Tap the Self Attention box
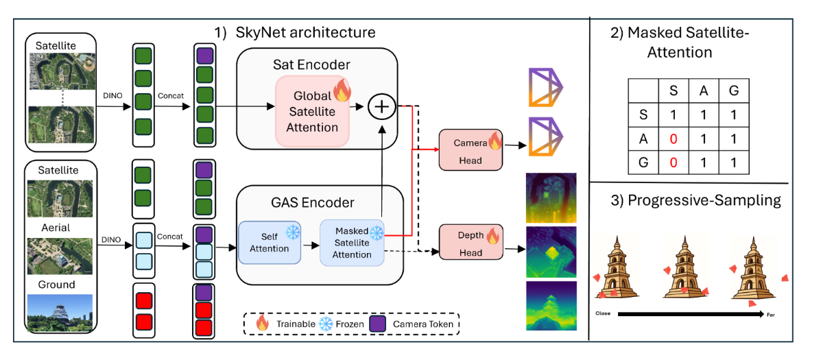click(x=269, y=242)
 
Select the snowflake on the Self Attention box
click(x=293, y=232)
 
